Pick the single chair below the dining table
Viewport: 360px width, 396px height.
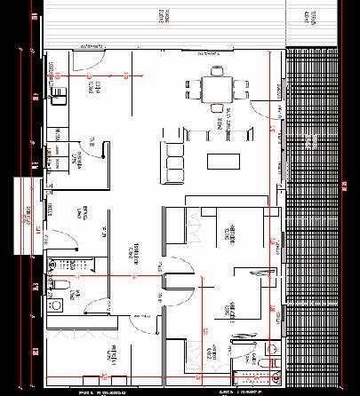pyautogui.click(x=216, y=108)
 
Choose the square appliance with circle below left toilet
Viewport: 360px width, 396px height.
pyautogui.click(x=56, y=304)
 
